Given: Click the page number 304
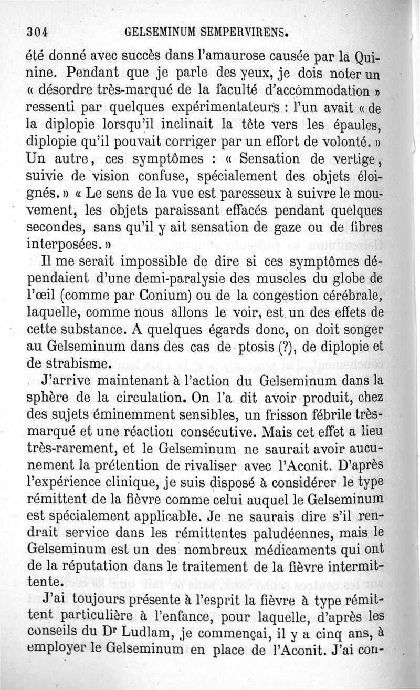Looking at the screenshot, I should click(x=37, y=31).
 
